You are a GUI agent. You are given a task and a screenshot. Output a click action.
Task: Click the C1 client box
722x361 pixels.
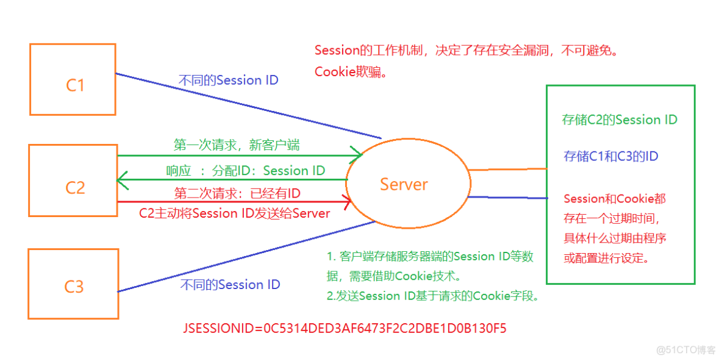click(x=73, y=79)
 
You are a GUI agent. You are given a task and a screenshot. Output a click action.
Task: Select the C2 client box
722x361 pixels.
click(x=73, y=180)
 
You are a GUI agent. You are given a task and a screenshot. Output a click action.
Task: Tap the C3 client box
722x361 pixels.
click(x=73, y=284)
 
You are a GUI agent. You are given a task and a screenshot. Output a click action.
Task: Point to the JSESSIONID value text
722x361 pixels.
click(x=345, y=329)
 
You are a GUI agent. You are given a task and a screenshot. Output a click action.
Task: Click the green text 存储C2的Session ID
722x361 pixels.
click(x=620, y=120)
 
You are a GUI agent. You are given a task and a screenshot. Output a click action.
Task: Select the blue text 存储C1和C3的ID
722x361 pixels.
click(x=611, y=157)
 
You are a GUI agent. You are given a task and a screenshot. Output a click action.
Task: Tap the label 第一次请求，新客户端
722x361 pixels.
click(x=237, y=145)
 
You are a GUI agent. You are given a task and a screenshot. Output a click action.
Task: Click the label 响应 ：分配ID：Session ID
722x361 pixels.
click(x=246, y=171)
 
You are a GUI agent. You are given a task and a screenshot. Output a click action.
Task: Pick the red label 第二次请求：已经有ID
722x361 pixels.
click(x=237, y=194)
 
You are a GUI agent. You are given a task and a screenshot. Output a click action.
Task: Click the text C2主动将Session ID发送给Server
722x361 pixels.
click(x=235, y=213)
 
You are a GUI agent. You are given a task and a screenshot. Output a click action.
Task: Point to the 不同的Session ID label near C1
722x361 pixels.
click(x=228, y=80)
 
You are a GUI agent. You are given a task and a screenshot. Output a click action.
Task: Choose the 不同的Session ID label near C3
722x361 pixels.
click(x=231, y=285)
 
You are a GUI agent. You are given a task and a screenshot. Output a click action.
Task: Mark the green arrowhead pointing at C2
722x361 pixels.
click(x=121, y=180)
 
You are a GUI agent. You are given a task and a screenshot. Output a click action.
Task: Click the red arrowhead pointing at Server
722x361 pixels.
click(x=347, y=202)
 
